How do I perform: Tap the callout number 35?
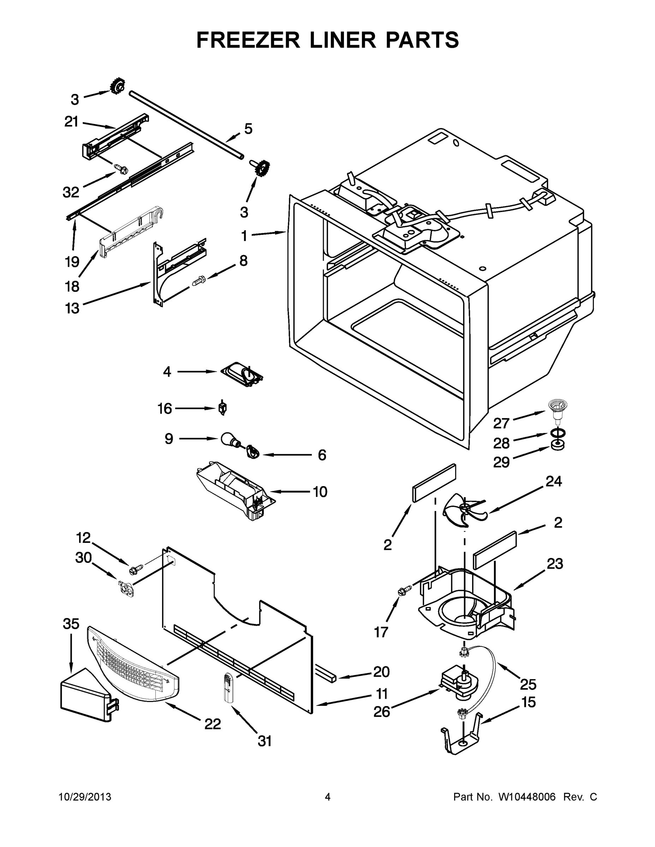[x=71, y=624]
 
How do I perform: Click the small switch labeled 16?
[x=223, y=408]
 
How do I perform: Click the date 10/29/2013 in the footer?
[x=85, y=797]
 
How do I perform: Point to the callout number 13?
[x=72, y=308]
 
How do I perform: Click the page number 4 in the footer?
[x=328, y=797]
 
